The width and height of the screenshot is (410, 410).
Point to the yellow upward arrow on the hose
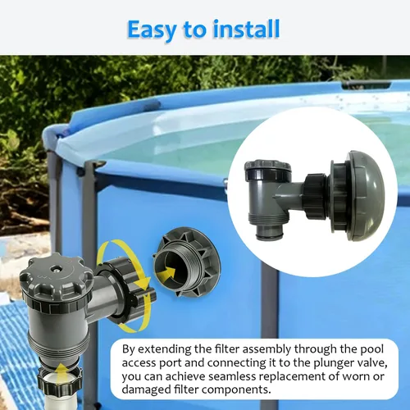tap(62, 372)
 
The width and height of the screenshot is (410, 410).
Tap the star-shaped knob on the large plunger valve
tap(56, 276)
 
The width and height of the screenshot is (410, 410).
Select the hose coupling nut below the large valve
tap(60, 380)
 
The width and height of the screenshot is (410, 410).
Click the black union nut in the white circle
tap(316, 196)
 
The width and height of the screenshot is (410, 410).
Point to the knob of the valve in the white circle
tap(268, 170)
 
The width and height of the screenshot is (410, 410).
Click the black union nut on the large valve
tap(125, 292)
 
